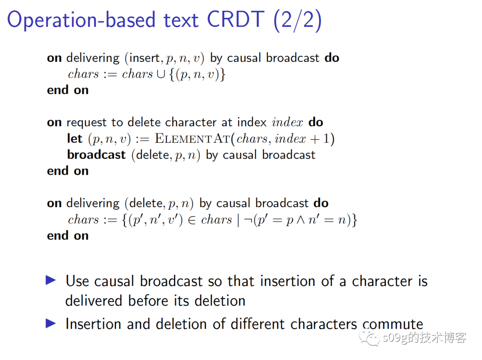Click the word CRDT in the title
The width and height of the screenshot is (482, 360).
[236, 20]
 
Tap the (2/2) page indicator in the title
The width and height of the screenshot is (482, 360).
[297, 21]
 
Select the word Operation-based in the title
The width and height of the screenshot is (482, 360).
[81, 20]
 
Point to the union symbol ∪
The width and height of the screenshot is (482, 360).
[161, 74]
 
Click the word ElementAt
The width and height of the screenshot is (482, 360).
[192, 139]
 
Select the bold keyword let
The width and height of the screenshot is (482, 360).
[75, 139]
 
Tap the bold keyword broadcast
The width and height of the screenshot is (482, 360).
[96, 155]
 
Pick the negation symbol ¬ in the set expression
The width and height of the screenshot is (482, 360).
[248, 219]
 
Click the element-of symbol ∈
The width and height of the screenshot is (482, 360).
[191, 220]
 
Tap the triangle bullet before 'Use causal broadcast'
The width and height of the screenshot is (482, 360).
[51, 280]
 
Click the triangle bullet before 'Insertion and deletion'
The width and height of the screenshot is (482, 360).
[51, 323]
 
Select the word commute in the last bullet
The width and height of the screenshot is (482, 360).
[393, 324]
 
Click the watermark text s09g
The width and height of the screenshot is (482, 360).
[395, 338]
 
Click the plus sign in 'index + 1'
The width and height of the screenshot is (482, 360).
[315, 139]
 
